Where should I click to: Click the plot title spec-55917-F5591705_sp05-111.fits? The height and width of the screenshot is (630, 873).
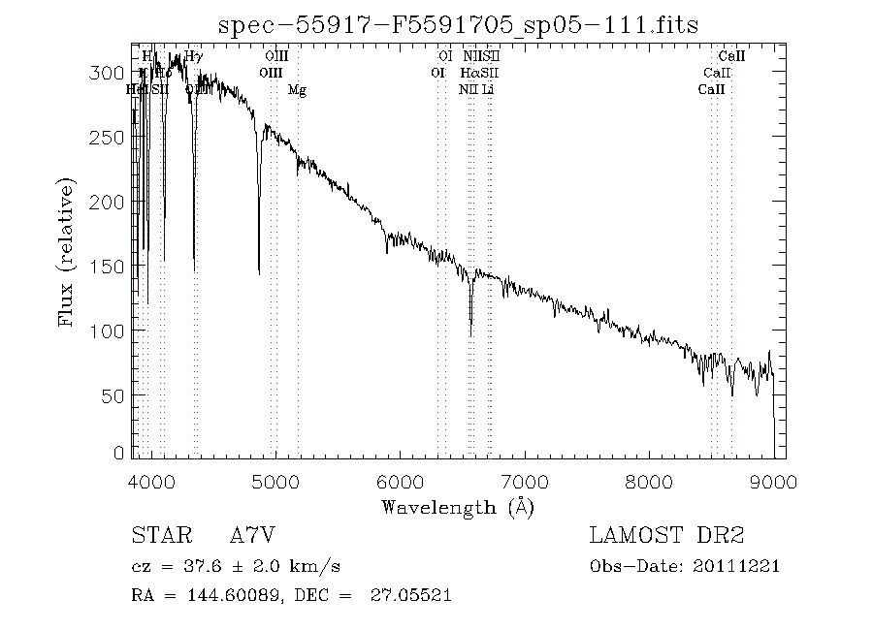(x=459, y=25)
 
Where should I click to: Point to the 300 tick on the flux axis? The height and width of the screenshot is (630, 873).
(x=113, y=74)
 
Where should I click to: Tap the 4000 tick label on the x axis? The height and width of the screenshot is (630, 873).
(x=151, y=480)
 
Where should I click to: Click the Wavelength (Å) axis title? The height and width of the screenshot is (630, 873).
(x=458, y=506)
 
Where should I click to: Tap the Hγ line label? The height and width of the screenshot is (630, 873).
(x=194, y=57)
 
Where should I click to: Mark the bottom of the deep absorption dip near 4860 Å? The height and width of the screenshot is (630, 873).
(x=259, y=273)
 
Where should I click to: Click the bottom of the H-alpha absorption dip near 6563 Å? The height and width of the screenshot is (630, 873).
(x=470, y=334)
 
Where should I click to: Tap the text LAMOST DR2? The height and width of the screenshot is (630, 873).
(x=666, y=536)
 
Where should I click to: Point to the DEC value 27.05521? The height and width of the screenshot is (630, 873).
(x=410, y=596)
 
